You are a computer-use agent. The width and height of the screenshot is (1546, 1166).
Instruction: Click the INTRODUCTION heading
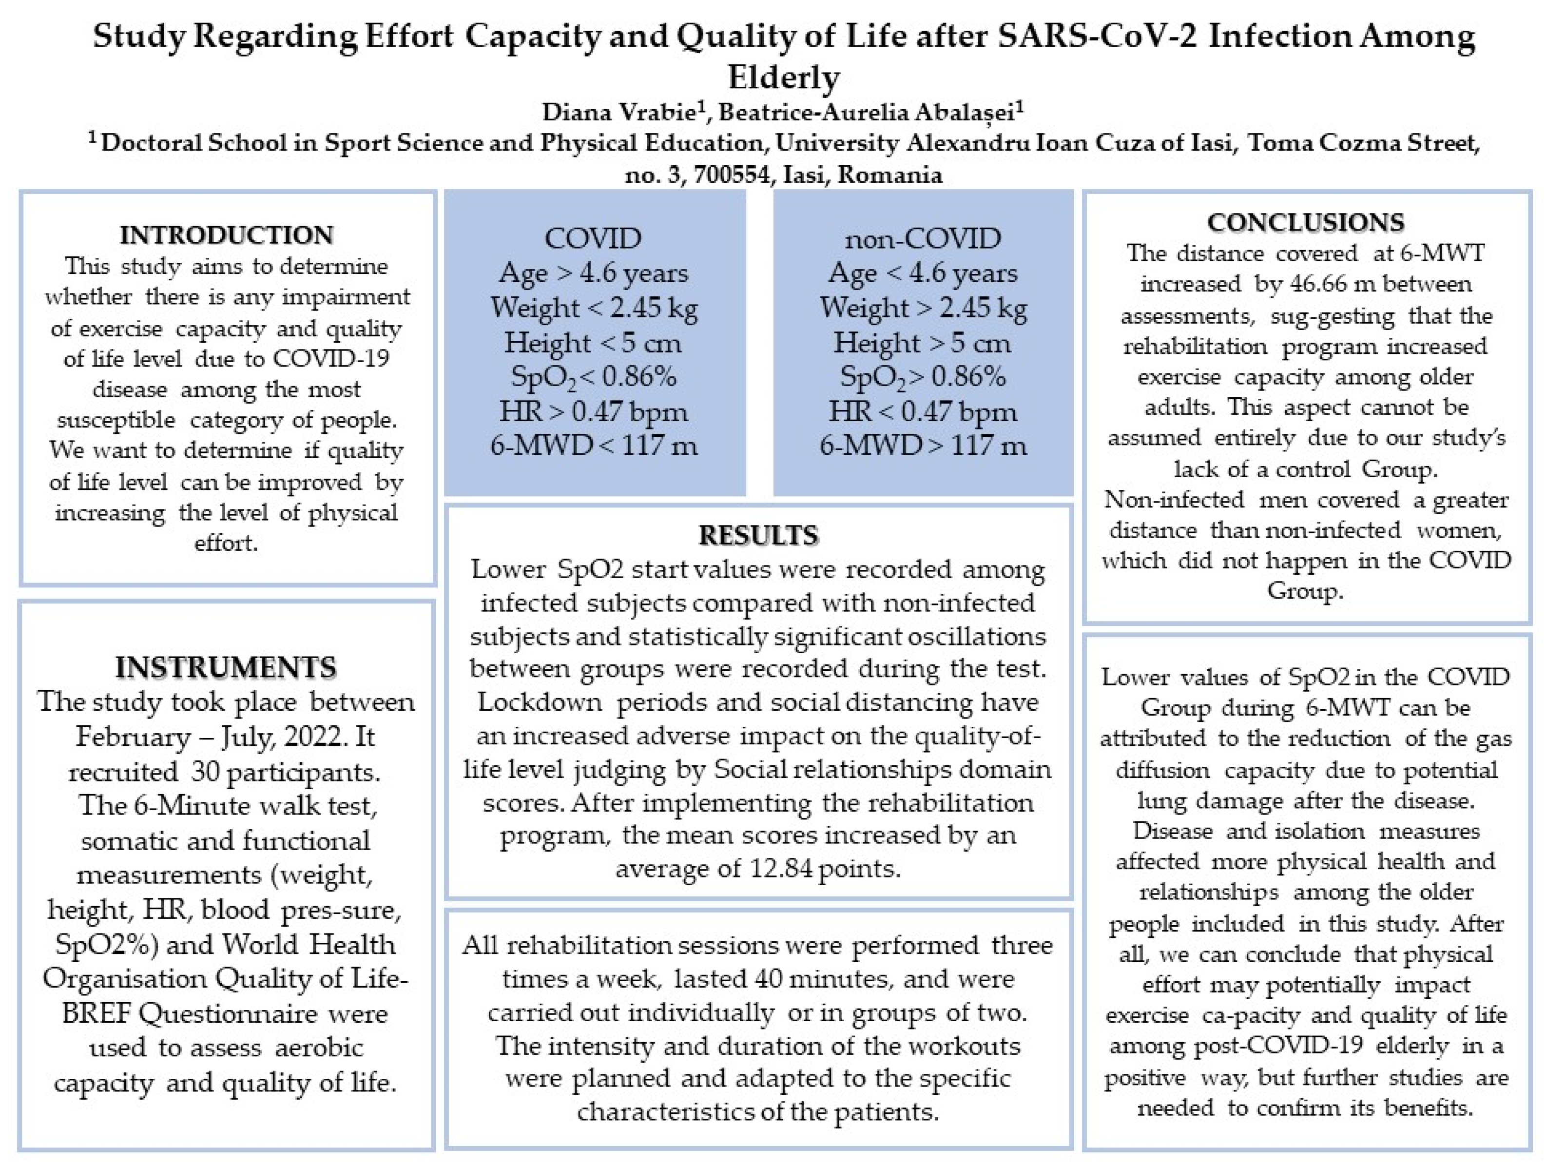[x=226, y=235]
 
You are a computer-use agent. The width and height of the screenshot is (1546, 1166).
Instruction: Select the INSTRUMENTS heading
[x=226, y=668]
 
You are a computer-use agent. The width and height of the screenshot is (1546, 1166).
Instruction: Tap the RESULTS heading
[x=758, y=535]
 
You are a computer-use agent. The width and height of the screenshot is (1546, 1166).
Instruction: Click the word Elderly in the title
[x=784, y=78]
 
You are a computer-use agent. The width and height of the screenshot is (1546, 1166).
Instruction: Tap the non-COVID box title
[x=923, y=239]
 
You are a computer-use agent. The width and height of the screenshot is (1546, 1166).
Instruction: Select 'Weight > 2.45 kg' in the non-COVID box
[x=923, y=308]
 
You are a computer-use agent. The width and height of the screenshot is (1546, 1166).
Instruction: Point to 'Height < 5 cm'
[x=593, y=343]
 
